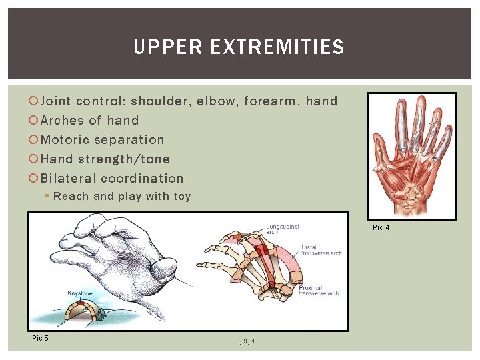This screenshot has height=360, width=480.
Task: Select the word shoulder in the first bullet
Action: pos(159,101)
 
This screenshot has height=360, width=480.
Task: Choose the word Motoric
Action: pos(65,140)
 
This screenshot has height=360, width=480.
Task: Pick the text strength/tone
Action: pos(124,159)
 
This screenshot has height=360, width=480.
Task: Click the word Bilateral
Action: pos(69,179)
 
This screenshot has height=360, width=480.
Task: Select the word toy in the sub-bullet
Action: pos(182,197)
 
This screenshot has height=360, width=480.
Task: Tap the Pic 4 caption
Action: pos(381,228)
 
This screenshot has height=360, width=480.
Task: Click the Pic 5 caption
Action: pos(40,338)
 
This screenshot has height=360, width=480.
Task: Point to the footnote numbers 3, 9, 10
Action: pos(247,341)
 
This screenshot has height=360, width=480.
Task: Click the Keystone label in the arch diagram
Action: pos(79,293)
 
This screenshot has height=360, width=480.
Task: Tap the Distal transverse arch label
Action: pos(321,250)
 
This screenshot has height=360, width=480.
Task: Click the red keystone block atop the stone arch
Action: pos(81,303)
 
